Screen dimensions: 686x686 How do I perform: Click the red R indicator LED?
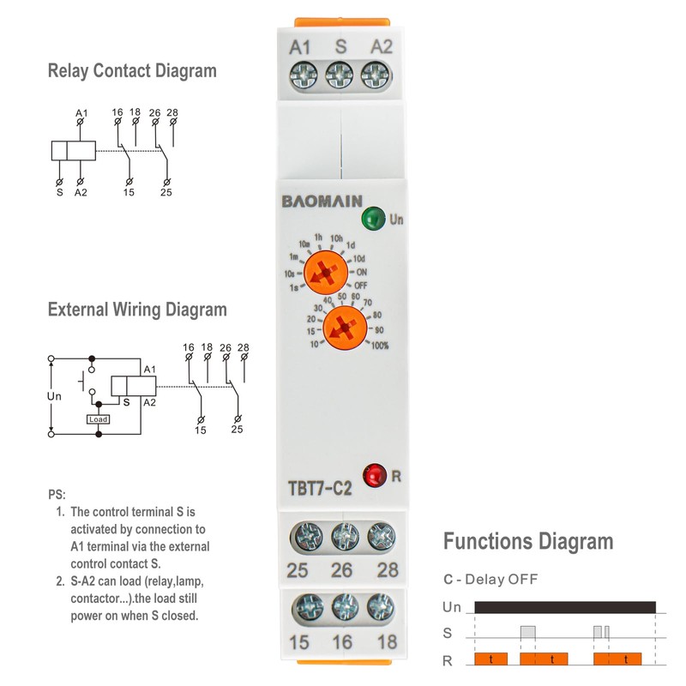point(374,474)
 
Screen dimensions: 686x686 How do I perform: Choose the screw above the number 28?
point(380,538)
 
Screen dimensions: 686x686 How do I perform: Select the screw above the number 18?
point(380,610)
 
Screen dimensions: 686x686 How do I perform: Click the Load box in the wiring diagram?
point(98,419)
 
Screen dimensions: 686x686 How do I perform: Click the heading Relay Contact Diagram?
point(132,71)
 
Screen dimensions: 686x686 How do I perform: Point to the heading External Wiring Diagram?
point(137,310)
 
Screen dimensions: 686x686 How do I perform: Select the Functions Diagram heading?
point(528,542)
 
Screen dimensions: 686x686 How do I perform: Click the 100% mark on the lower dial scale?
point(380,346)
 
